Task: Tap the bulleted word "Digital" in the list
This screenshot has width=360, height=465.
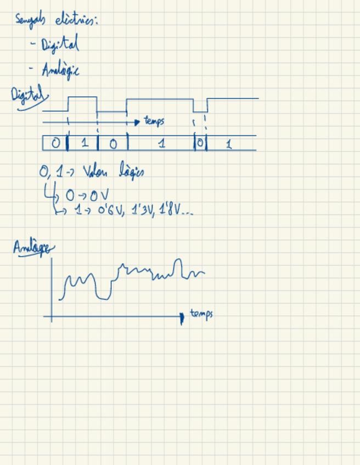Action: pyautogui.click(x=60, y=44)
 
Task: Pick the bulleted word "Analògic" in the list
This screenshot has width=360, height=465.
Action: pyautogui.click(x=60, y=70)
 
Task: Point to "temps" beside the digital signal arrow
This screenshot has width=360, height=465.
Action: pyautogui.click(x=154, y=121)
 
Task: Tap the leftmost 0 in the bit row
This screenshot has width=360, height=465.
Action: pyautogui.click(x=55, y=143)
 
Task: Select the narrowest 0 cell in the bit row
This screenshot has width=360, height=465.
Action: pyautogui.click(x=200, y=143)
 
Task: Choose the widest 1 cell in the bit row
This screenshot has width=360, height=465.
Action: pyautogui.click(x=161, y=144)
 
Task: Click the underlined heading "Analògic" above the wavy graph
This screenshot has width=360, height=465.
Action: pyautogui.click(x=33, y=248)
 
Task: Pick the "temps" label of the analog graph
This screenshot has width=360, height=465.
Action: pyautogui.click(x=201, y=314)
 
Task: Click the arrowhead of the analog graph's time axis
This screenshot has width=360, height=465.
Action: pyautogui.click(x=182, y=317)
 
